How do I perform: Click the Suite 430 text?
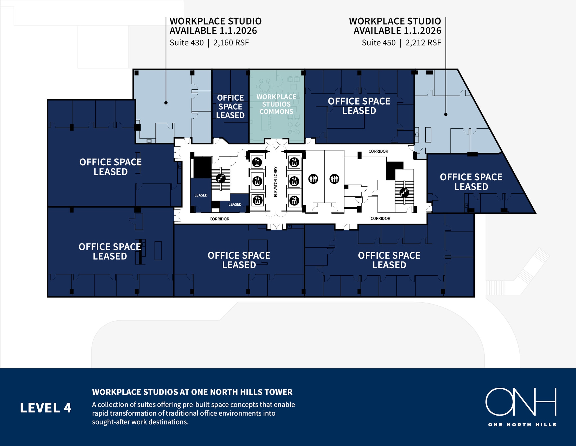click(x=186, y=43)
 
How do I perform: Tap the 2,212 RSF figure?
click(x=423, y=43)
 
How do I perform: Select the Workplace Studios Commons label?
click(x=276, y=104)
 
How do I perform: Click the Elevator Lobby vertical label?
click(x=276, y=182)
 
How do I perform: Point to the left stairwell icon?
click(x=221, y=178)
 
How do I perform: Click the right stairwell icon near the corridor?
click(x=404, y=193)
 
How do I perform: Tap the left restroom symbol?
click(x=313, y=179)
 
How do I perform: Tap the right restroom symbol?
click(x=334, y=179)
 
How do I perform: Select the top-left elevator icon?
click(x=257, y=162)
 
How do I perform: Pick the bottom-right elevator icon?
click(x=294, y=200)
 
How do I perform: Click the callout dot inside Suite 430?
click(x=166, y=103)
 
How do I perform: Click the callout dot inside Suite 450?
click(x=446, y=114)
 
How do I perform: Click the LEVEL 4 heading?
click(x=46, y=408)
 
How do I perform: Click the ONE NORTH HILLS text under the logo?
click(x=522, y=425)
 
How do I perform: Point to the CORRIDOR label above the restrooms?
click(x=378, y=151)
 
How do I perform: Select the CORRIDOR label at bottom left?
click(x=219, y=219)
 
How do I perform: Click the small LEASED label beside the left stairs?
click(x=201, y=195)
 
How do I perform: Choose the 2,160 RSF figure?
click(x=231, y=43)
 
